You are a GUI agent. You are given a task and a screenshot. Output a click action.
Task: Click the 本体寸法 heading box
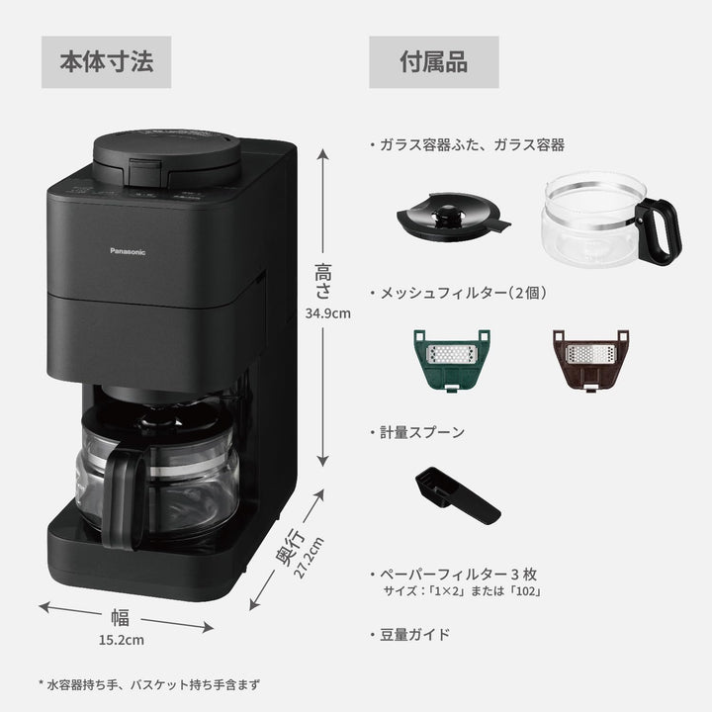(107, 62)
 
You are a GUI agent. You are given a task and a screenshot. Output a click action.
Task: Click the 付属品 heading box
(434, 62)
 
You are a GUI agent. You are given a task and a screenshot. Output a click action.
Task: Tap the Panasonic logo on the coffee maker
(127, 252)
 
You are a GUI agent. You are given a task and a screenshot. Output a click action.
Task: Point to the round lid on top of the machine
(166, 153)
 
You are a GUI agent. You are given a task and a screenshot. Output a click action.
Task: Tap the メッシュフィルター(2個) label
(457, 293)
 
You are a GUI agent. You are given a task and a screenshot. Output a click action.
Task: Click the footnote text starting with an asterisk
(148, 682)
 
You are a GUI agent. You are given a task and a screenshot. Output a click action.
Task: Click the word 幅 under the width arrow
(120, 618)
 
